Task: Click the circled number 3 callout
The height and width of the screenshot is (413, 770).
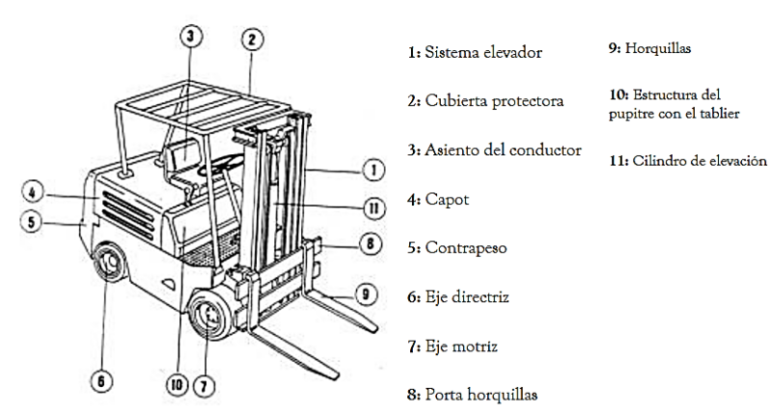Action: pyautogui.click(x=191, y=36)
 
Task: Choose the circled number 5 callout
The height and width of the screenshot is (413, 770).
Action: pyautogui.click(x=31, y=221)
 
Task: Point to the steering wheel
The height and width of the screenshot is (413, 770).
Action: pyautogui.click(x=222, y=168)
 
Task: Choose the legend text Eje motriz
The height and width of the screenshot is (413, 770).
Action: pyautogui.click(x=466, y=345)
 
